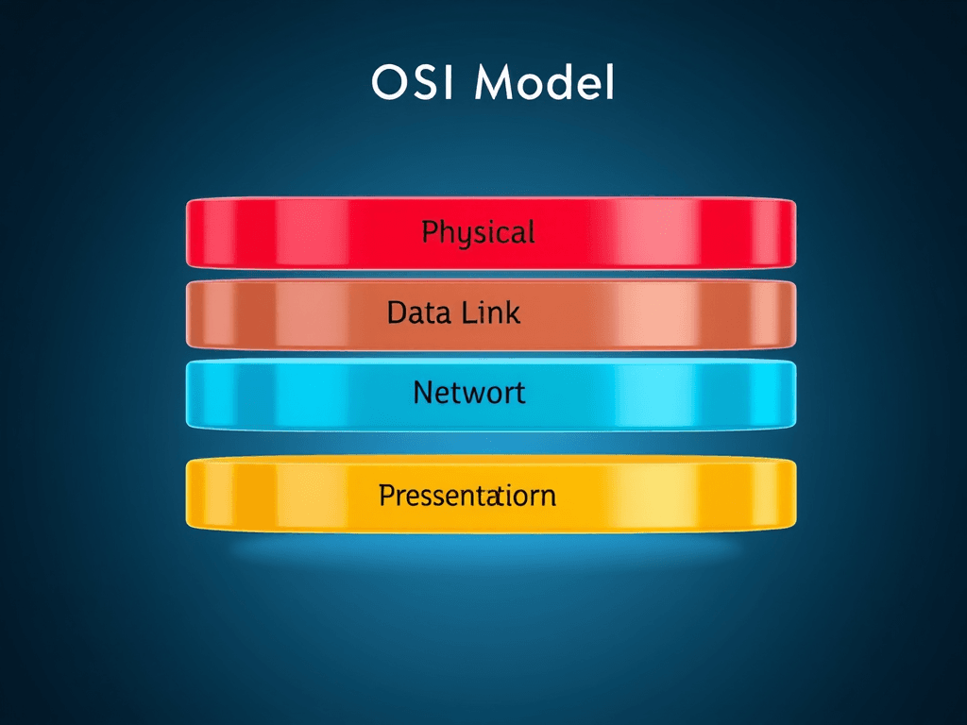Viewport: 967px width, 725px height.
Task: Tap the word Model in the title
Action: point(545,83)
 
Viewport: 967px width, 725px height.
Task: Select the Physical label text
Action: point(478,233)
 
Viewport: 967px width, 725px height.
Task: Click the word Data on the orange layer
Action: point(418,312)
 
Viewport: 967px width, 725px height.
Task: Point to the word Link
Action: point(490,312)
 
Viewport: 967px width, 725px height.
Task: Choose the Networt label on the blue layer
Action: point(468,393)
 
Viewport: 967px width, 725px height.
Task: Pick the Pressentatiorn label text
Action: point(467,496)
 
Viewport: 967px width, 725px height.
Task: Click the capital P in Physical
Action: point(430,231)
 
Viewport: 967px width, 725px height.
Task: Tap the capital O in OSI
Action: point(388,83)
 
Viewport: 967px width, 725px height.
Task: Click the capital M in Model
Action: point(493,83)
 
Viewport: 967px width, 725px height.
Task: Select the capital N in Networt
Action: point(422,393)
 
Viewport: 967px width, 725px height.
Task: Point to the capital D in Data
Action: point(397,312)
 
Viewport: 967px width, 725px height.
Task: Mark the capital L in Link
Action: point(468,312)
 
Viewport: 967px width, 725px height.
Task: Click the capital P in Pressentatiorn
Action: point(386,496)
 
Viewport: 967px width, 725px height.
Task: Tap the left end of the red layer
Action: point(188,233)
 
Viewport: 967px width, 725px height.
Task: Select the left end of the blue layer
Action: point(188,395)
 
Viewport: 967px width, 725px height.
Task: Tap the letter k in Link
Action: point(512,312)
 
